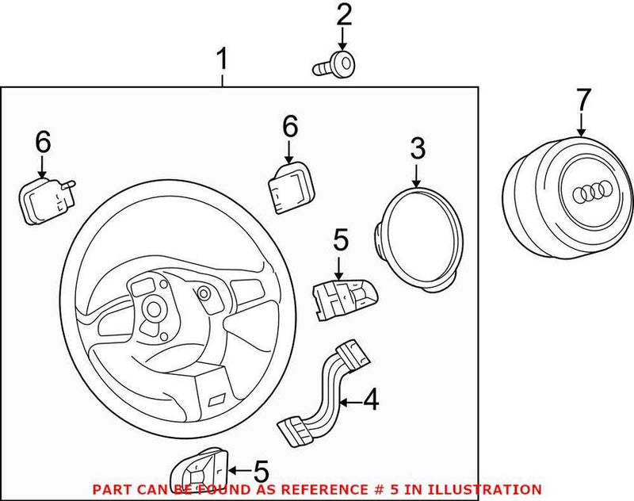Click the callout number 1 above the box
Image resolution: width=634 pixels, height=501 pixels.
coord(223,59)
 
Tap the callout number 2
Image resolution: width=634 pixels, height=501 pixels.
coord(343,14)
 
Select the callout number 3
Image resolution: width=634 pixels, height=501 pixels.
coord(417,148)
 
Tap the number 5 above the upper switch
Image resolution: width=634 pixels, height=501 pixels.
coord(340,239)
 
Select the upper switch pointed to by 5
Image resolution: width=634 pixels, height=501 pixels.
coord(342,297)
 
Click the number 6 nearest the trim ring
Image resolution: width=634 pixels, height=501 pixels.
coord(289,125)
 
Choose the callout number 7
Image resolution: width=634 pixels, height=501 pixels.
coord(582,100)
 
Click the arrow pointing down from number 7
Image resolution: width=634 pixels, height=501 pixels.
coord(582,125)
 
